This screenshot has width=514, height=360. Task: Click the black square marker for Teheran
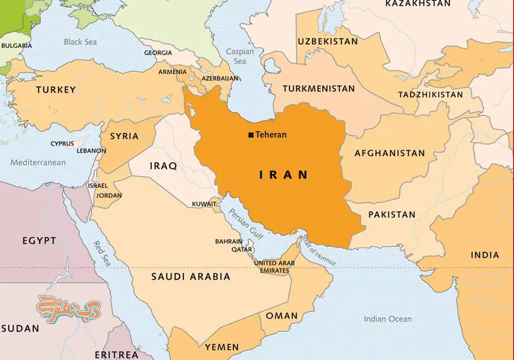(251, 135)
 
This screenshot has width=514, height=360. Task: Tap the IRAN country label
(283, 175)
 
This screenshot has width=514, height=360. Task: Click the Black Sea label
(80, 42)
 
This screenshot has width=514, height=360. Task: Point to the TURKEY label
(56, 90)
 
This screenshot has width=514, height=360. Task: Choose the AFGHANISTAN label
(390, 153)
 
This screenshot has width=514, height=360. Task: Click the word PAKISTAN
(392, 214)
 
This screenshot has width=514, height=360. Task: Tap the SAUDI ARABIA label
(191, 277)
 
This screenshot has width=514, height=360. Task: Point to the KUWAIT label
(204, 204)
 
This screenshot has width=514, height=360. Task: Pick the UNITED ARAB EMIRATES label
(274, 267)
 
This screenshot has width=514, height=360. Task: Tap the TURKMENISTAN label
(319, 88)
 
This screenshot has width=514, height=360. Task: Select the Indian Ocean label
(388, 319)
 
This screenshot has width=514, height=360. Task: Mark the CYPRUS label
(62, 144)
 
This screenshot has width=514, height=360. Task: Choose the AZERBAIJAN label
(220, 79)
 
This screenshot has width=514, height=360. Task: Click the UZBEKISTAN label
(327, 41)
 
